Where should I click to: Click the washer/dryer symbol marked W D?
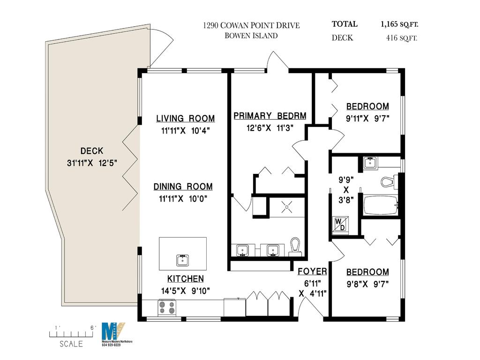tap(338, 224)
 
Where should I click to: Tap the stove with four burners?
tap(168, 307)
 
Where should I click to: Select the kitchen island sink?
tap(183, 259)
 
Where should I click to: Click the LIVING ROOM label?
tap(186, 119)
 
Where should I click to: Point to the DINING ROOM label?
tap(183, 187)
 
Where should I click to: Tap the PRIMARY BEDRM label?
tap(270, 116)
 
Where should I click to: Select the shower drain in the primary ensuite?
tap(286, 204)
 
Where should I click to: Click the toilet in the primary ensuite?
tap(295, 246)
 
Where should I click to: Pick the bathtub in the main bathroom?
tap(380, 204)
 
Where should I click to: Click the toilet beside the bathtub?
tap(388, 181)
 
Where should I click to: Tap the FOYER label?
tap(312, 271)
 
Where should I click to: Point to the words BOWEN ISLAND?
tap(251, 36)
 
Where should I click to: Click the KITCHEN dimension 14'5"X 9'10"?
tap(185, 291)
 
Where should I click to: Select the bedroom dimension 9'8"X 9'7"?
tap(367, 284)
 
